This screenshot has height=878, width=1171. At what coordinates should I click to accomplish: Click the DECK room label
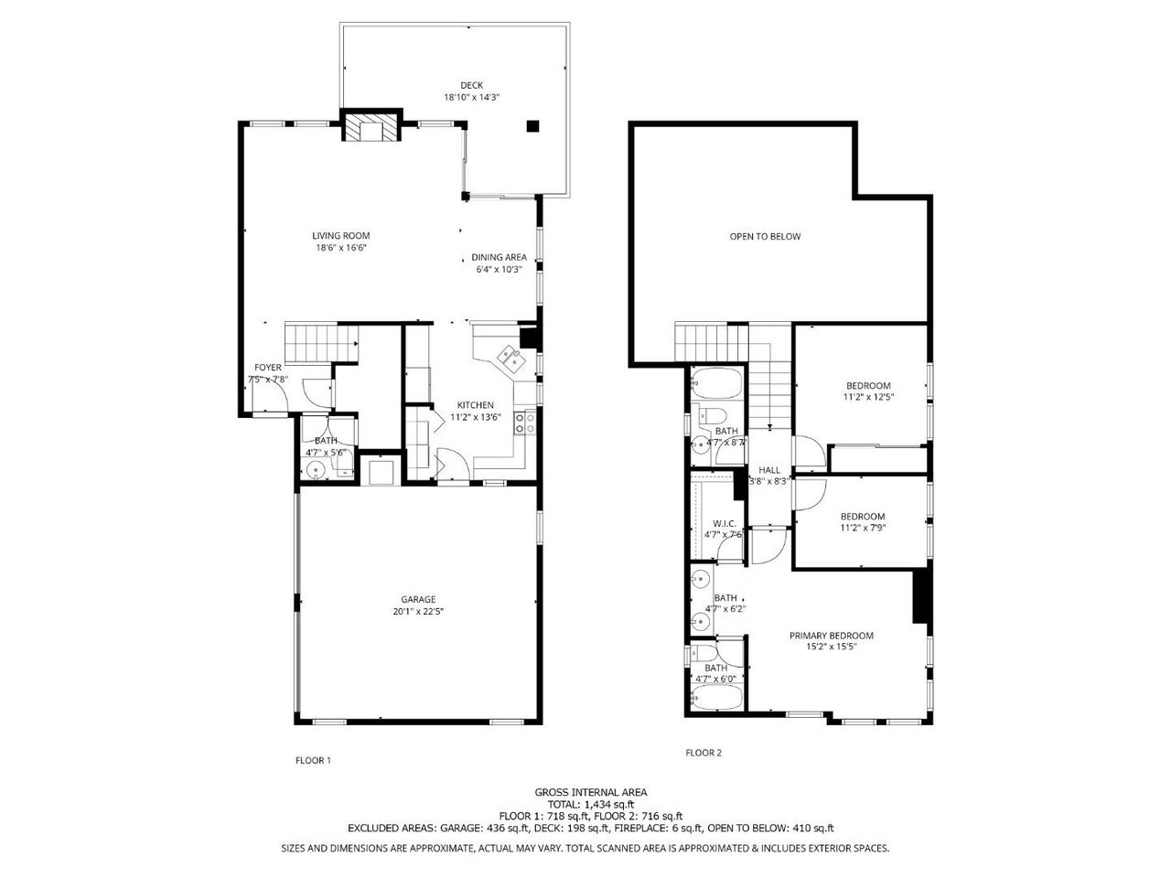tap(471, 85)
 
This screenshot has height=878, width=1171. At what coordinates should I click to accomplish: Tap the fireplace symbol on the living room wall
tap(371, 127)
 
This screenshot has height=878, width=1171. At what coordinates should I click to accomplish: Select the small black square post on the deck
tap(532, 126)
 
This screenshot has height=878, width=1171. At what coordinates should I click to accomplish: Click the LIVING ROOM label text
tap(341, 235)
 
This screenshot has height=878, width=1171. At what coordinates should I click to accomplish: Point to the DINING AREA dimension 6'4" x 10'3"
tap(499, 270)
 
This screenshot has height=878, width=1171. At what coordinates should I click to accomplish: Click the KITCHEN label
tap(476, 405)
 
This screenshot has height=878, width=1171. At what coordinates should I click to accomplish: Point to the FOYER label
tap(268, 367)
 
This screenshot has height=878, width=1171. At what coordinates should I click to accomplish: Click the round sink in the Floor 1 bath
tap(316, 470)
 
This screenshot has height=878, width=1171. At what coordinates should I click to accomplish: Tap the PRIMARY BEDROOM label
tap(832, 636)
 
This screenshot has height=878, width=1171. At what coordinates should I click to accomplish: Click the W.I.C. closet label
tap(725, 523)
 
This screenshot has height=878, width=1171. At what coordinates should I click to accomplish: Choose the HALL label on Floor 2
tap(769, 469)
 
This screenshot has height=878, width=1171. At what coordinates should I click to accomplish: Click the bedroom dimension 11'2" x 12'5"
tap(867, 397)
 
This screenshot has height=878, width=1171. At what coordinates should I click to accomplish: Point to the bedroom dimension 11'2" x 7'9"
tap(863, 528)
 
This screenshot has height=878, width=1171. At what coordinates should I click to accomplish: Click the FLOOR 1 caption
tap(313, 760)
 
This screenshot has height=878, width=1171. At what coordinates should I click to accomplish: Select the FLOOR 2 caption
tap(704, 753)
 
